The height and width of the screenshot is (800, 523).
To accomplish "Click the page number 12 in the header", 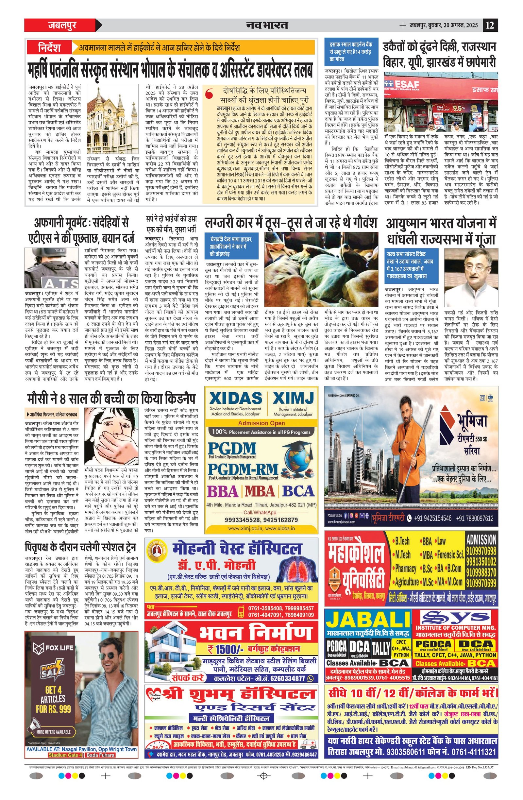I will coord(490,25).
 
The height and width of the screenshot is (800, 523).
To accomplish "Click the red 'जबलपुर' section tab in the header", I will coord(62,25).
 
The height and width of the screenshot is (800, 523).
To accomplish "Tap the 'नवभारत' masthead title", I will coord(267,25).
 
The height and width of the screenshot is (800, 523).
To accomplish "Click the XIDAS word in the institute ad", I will coord(235,398).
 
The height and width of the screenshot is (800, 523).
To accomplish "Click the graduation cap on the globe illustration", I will coord(295,446).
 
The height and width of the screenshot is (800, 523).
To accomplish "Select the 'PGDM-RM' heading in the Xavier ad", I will coord(243,469).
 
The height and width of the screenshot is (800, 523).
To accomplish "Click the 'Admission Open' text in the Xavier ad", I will coord(261,423).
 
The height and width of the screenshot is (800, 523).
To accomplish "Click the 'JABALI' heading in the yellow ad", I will coord(368,619).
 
